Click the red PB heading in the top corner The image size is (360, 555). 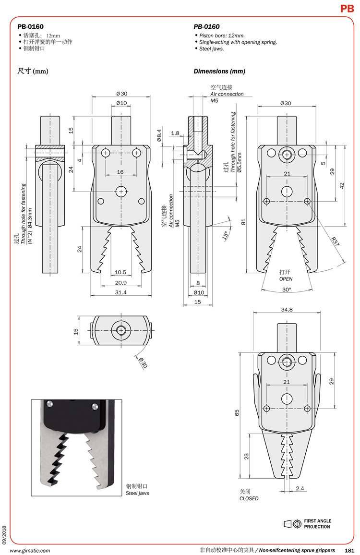pyautogui.click(x=347, y=9)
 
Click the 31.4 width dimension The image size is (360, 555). pyautogui.click(x=120, y=292)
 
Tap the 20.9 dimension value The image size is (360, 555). pyautogui.click(x=120, y=283)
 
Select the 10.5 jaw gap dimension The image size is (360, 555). pyautogui.click(x=120, y=272)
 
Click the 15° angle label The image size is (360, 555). pyautogui.click(x=225, y=235)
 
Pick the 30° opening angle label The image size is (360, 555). pyautogui.click(x=287, y=290)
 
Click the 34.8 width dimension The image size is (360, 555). pyautogui.click(x=287, y=310)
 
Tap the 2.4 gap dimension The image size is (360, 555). pyautogui.click(x=300, y=488)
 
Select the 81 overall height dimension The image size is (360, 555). pyautogui.click(x=243, y=222)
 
